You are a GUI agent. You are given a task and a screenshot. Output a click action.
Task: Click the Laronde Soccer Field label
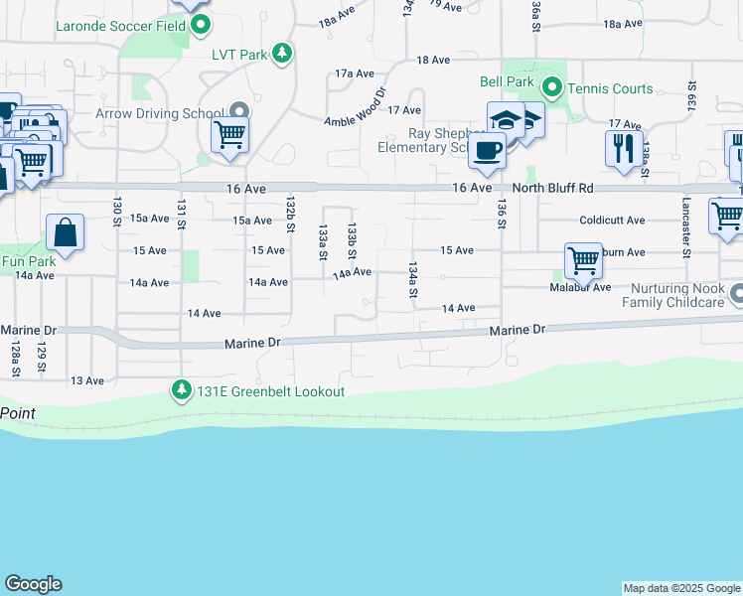tap(122, 24)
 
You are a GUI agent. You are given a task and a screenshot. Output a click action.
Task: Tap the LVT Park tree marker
tap(283, 54)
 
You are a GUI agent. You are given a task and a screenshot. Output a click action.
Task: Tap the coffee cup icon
tap(486, 151)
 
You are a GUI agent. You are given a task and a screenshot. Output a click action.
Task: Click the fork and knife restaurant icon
tap(624, 148)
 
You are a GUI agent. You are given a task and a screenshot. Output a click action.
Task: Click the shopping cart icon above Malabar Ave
tap(583, 261)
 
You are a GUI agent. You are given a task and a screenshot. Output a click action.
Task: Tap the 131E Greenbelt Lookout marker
tap(181, 390)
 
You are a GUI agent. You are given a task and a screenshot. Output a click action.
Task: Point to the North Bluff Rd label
tap(552, 188)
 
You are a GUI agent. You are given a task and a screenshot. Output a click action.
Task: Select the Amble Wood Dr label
tap(355, 107)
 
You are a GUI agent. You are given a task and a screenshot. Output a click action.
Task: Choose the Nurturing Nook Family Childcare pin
tap(736, 294)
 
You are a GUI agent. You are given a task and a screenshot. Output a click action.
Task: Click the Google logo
tap(33, 584)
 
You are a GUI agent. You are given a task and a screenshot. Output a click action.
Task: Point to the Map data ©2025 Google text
tap(681, 588)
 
